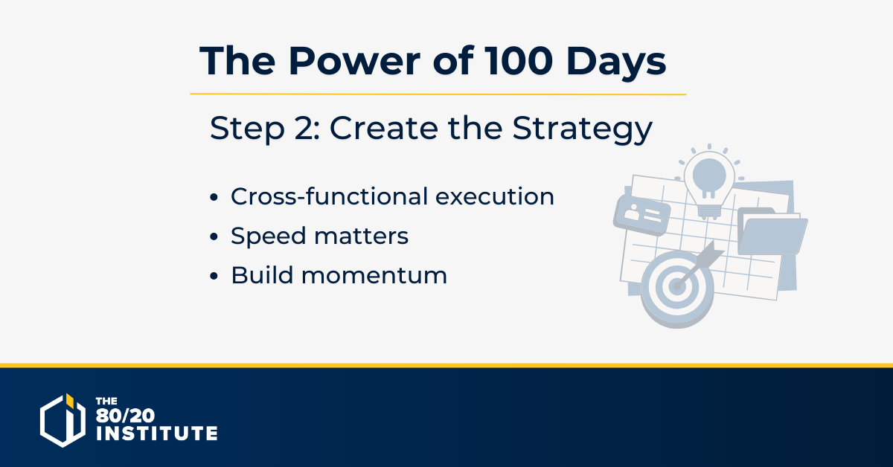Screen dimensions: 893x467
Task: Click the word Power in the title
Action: tap(354, 61)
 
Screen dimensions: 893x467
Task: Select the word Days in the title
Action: tap(616, 64)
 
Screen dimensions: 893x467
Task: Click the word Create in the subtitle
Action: tap(383, 129)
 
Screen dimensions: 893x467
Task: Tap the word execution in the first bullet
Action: tap(495, 196)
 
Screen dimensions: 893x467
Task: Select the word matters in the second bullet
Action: tap(361, 236)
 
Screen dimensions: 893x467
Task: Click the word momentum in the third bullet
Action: tap(374, 276)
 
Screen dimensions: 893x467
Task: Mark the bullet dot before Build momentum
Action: tap(214, 276)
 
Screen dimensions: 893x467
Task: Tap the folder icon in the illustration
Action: tap(772, 231)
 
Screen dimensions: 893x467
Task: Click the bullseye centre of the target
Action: tap(676, 286)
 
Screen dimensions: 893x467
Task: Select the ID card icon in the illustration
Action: tap(641, 215)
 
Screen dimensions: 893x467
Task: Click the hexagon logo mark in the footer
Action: tap(63, 420)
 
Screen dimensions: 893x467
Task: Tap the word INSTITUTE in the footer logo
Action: tap(157, 434)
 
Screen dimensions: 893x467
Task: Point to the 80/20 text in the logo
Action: tap(125, 416)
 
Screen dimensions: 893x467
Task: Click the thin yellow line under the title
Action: tap(438, 94)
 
